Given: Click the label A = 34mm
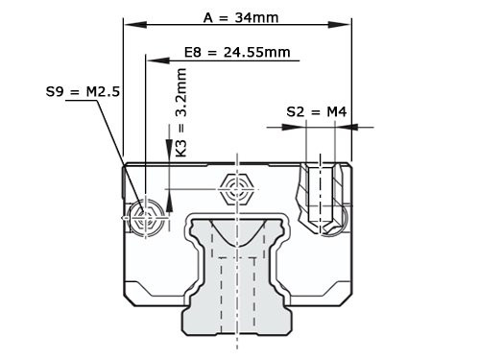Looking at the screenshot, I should click(x=239, y=16).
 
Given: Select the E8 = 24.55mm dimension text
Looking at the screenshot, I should click(x=237, y=51).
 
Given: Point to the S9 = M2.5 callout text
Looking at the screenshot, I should click(x=83, y=92).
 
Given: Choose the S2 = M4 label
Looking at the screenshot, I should click(x=316, y=112).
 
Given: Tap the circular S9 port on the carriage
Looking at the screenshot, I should click(x=146, y=218).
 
